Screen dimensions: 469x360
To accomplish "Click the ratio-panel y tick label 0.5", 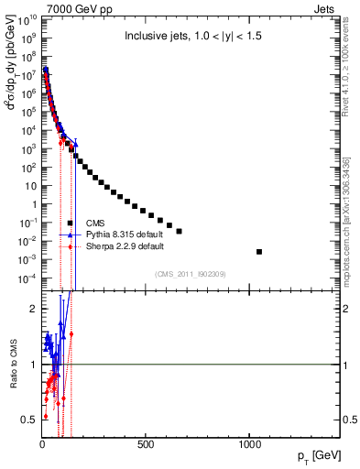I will tap(29, 420).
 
